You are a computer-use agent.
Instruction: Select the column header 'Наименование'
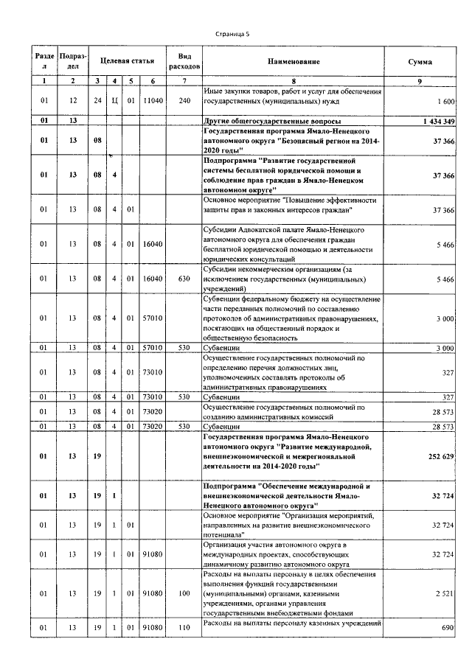pyautogui.click(x=294, y=63)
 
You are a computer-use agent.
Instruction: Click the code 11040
pyautogui.click(x=152, y=100)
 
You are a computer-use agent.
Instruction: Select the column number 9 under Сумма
pyautogui.click(x=420, y=80)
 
